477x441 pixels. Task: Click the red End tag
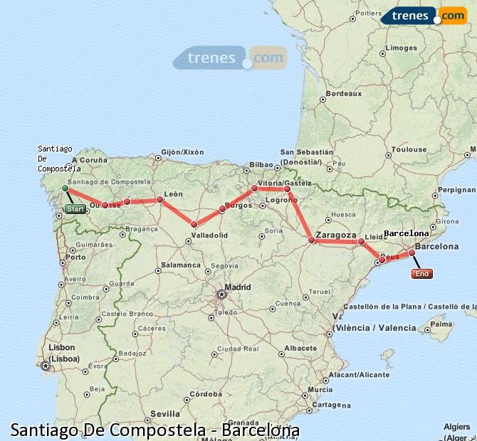421,273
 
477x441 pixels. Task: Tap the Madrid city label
238,287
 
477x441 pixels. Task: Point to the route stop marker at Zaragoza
311,240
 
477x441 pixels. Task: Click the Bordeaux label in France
344,94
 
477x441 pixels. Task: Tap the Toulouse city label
409,149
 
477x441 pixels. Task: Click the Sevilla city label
165,413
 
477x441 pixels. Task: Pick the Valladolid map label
209,235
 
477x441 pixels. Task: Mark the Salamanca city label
180,265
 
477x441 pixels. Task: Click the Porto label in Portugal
76,257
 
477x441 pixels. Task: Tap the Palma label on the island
442,324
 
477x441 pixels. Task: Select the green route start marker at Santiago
65,188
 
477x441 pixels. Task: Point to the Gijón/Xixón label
182,152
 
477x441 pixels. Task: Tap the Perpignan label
456,190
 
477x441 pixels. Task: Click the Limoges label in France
401,48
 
